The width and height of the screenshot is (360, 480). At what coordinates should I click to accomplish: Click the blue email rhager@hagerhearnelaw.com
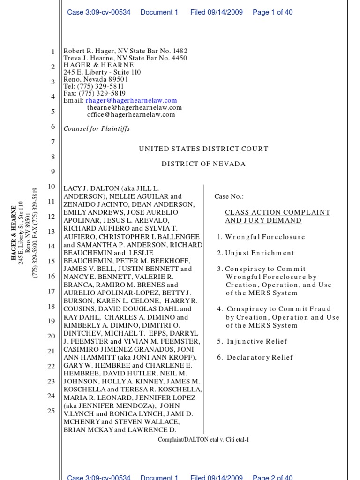tap(131, 100)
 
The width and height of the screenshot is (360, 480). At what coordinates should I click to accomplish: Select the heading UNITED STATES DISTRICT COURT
tap(203, 149)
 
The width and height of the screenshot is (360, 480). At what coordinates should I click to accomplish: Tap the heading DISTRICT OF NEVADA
tap(203, 164)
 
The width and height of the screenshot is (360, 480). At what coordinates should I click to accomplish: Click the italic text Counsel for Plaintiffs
tap(97, 128)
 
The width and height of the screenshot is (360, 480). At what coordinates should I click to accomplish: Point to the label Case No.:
tap(229, 197)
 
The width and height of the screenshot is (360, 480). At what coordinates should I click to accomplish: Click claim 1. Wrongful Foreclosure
tap(261, 237)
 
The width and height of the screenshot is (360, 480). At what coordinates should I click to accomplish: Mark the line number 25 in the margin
tap(52, 411)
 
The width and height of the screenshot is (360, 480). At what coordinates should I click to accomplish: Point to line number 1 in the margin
tap(53, 52)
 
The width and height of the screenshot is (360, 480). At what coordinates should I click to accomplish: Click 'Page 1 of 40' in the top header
tap(272, 12)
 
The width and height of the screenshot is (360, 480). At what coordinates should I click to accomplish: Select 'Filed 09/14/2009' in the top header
tap(216, 12)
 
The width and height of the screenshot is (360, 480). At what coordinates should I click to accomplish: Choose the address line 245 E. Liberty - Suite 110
tap(102, 72)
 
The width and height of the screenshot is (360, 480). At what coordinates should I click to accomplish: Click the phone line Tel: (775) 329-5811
tap(94, 86)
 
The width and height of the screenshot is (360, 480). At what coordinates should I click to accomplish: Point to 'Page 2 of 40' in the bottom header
tap(272, 477)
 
